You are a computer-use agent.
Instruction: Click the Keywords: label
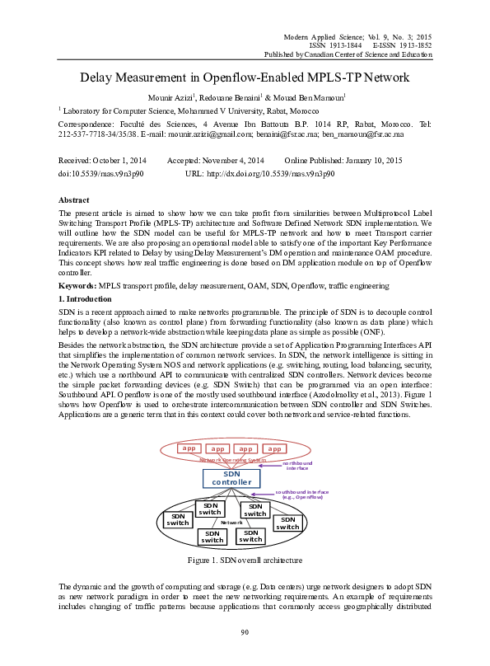(x=77, y=284)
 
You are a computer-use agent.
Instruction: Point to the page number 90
(x=245, y=632)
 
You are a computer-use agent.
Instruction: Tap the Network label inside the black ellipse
(x=231, y=523)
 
